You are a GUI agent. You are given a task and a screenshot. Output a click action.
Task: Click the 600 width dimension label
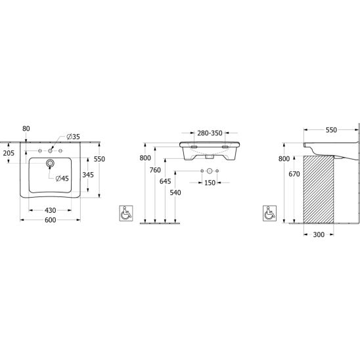pyautogui.click(x=51, y=220)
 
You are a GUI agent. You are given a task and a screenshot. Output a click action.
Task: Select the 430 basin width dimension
pyautogui.click(x=51, y=210)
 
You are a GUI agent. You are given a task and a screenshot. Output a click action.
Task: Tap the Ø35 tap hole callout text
pyautogui.click(x=73, y=137)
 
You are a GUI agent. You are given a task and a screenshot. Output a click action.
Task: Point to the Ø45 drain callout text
pyautogui.click(x=62, y=179)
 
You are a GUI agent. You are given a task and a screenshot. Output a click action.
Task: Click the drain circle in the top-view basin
pyautogui.click(x=50, y=163)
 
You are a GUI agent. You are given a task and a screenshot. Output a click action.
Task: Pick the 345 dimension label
pyautogui.click(x=88, y=175)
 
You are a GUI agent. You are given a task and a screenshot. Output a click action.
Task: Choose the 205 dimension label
pyautogui.click(x=9, y=153)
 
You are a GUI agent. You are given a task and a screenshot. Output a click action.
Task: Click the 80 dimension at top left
pyautogui.click(x=26, y=129)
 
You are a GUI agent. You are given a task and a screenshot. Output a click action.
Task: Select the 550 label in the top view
pyautogui.click(x=99, y=159)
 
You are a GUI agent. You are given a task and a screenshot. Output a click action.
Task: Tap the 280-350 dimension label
pyautogui.click(x=210, y=133)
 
